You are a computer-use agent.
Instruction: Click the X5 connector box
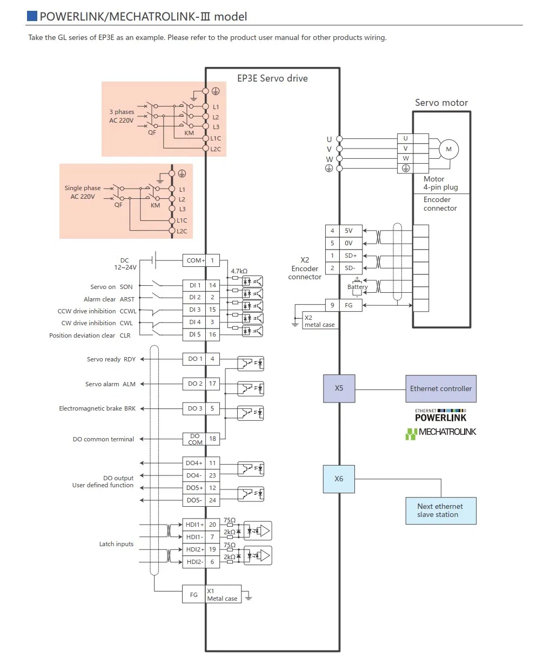point(339,388)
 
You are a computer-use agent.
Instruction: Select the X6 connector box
point(339,479)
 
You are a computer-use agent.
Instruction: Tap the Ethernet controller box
point(441,389)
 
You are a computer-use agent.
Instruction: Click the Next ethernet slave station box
point(441,510)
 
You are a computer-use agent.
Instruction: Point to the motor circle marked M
point(448,149)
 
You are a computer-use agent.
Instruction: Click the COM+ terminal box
point(195,260)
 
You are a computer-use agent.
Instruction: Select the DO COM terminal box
point(194,439)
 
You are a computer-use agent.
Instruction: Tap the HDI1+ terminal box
point(194,525)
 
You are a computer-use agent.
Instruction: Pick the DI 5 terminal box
point(194,334)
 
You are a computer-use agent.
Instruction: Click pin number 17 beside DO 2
point(212,384)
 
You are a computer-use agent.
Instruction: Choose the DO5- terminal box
point(194,500)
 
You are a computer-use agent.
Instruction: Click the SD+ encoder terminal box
point(351,256)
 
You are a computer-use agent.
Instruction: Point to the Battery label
point(358,287)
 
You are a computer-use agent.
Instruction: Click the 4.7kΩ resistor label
point(239,271)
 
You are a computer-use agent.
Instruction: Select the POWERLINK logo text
point(440,418)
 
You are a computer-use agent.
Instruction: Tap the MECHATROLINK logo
point(441,432)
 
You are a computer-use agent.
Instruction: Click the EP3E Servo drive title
point(272,78)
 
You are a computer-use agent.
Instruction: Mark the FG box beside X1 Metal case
point(194,595)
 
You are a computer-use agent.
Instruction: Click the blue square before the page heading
point(32,16)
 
